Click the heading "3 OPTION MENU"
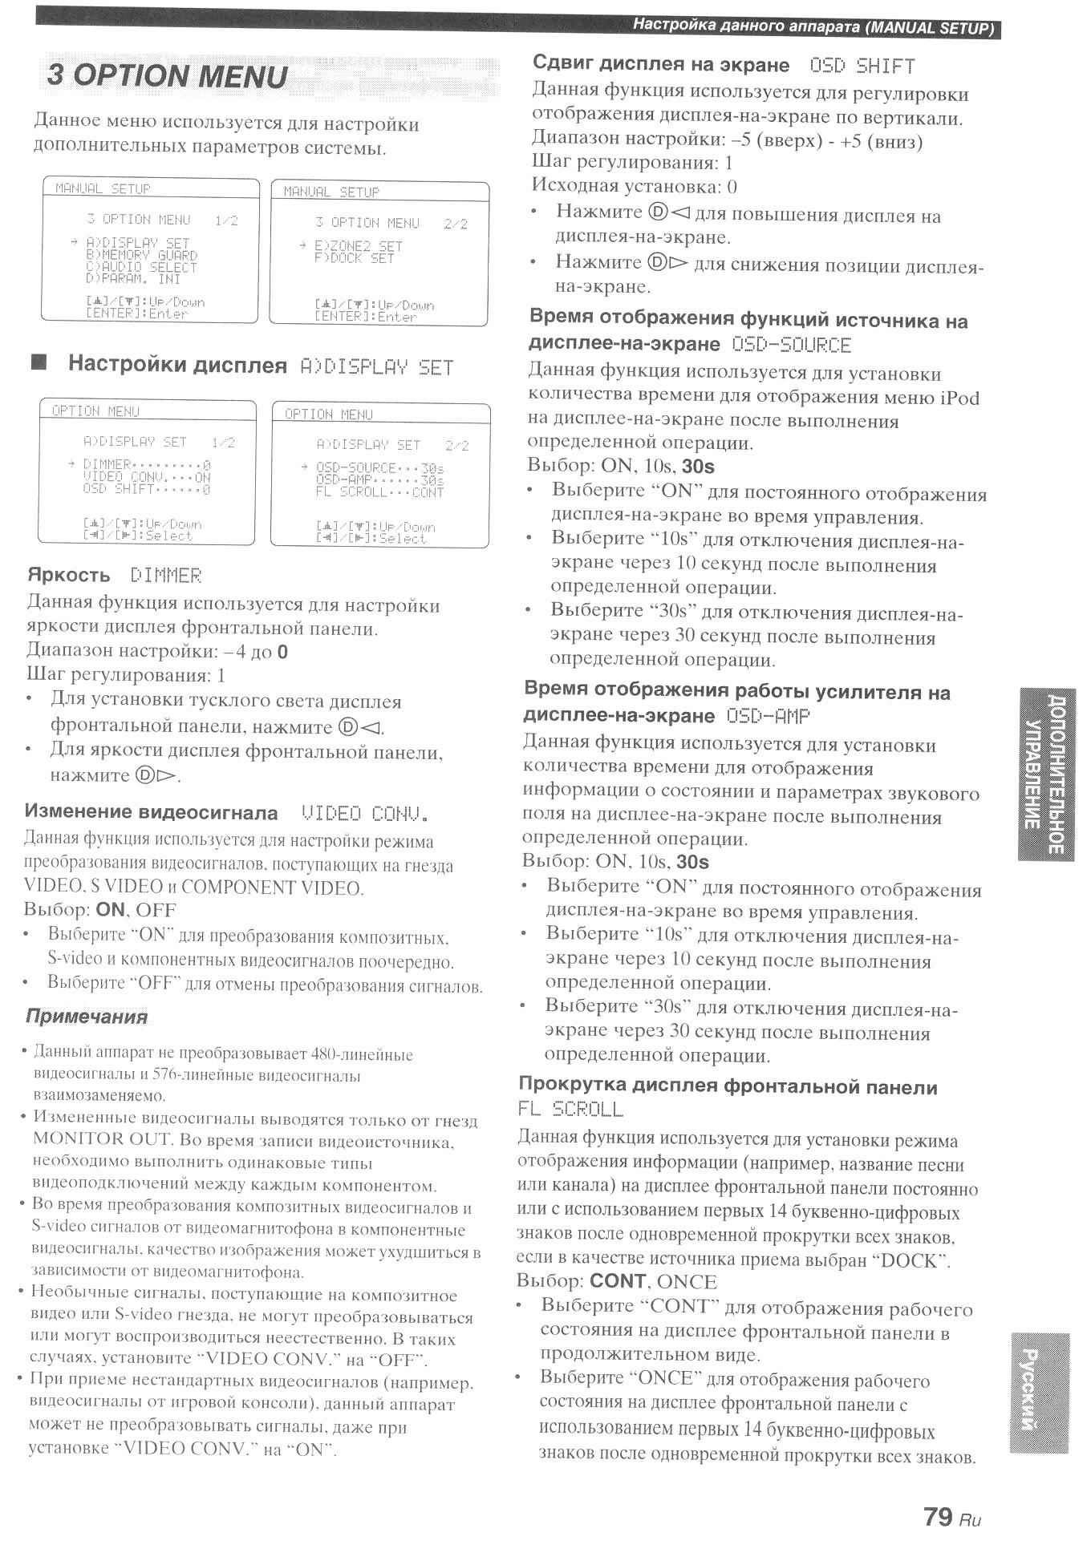tap(167, 76)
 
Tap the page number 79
tap(937, 1516)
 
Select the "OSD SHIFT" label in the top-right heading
tap(862, 66)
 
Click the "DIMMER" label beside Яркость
tap(166, 576)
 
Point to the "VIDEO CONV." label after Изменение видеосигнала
tap(363, 815)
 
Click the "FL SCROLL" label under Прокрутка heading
tap(570, 1110)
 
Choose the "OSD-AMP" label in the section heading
tap(768, 716)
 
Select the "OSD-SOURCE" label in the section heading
tap(791, 346)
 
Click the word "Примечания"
tap(87, 1017)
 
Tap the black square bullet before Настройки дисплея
tap(39, 363)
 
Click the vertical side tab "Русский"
tap(1039, 1393)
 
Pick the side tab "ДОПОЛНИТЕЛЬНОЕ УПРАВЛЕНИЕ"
tap(1046, 774)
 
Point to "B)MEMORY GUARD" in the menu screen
tap(141, 255)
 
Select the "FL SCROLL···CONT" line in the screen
tap(379, 492)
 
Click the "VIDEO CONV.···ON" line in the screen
tap(147, 477)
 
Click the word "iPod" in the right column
tap(959, 398)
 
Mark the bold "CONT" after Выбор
tap(617, 1281)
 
